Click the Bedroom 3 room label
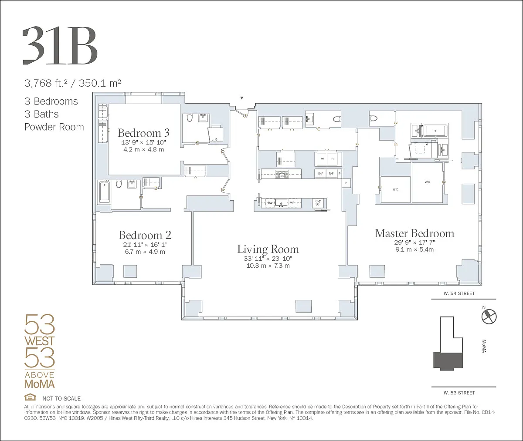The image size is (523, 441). click(143, 133)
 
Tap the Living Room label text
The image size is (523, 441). click(268, 249)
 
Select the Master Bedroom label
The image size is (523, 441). click(414, 233)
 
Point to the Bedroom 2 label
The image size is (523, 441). click(145, 235)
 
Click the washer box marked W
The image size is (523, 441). click(323, 159)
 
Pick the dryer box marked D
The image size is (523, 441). click(333, 159)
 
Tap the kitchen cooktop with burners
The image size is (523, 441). click(282, 174)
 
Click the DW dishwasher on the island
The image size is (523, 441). click(270, 203)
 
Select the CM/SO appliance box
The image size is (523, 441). click(318, 203)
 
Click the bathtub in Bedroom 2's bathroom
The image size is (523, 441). click(104, 191)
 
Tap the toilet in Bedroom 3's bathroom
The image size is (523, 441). click(190, 118)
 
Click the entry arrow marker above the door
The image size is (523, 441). click(242, 98)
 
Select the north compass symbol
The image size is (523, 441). click(489, 316)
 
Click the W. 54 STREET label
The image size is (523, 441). click(459, 293)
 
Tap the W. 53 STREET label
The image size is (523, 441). click(459, 393)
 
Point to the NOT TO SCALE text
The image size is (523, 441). click(61, 398)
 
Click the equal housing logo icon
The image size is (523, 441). click(30, 397)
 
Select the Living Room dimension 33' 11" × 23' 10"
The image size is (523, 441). click(268, 259)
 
